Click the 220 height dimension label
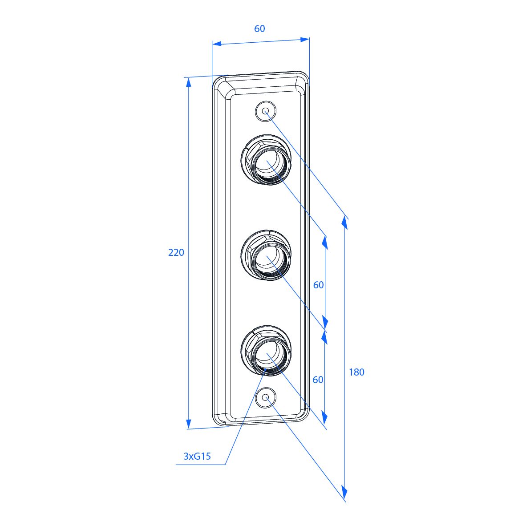coord(176,252)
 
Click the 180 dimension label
coord(356,372)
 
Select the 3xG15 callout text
coord(197,456)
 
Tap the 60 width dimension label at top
coord(259,28)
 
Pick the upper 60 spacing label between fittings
coord(318,285)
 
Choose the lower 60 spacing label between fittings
coord(318,380)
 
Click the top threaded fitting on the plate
coord(266,160)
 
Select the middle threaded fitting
coord(266,255)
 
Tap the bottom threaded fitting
coord(266,351)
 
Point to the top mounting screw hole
coord(265,111)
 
